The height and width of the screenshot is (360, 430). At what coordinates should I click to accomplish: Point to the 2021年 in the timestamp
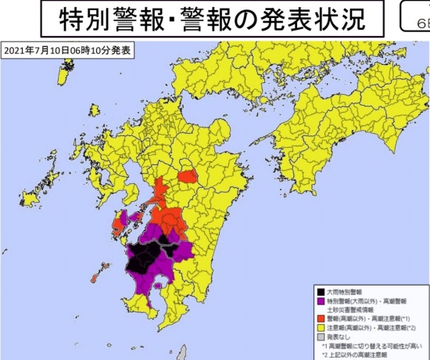pyautogui.click(x=20, y=51)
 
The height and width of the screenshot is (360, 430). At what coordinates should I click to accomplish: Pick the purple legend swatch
pyautogui.click(x=321, y=301)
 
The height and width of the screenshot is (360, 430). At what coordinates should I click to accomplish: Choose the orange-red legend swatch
pyautogui.click(x=321, y=319)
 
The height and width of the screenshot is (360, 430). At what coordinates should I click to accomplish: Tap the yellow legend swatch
pyautogui.click(x=321, y=328)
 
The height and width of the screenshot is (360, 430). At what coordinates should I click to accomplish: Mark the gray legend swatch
pyautogui.click(x=321, y=337)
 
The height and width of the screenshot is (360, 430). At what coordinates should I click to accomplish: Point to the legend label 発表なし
pyautogui.click(x=341, y=337)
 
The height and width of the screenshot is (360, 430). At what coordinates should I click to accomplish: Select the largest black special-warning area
pyautogui.click(x=145, y=258)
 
